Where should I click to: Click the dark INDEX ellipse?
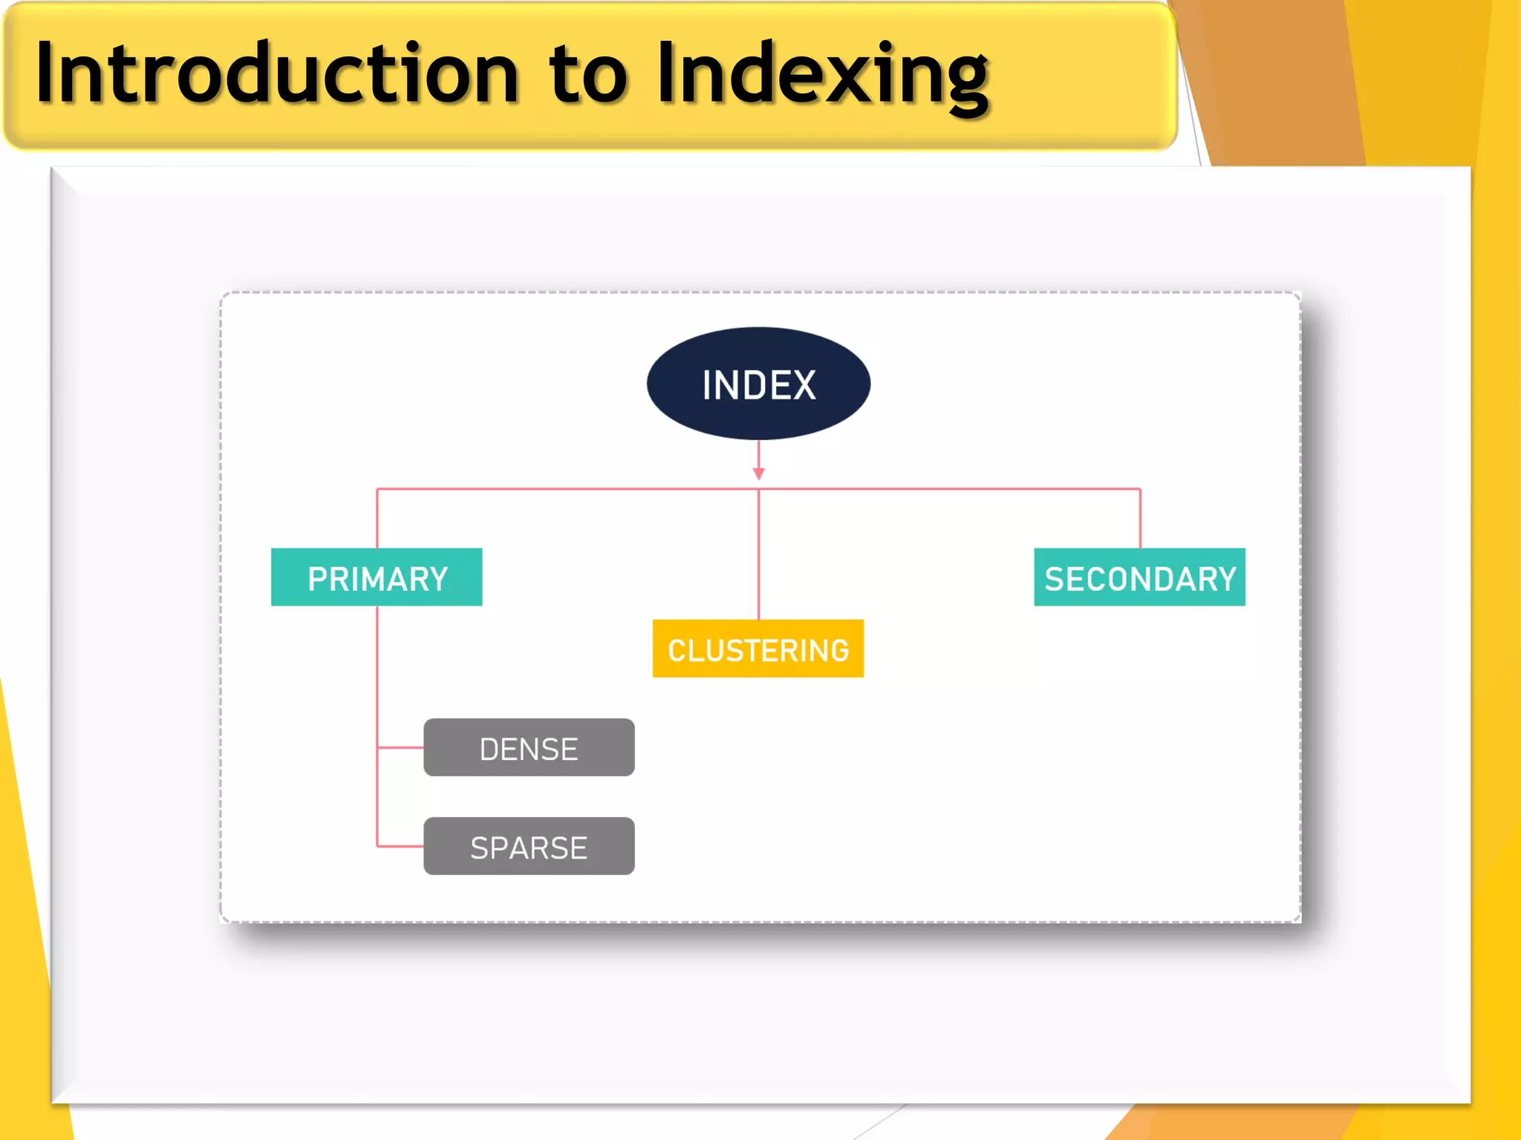[x=758, y=384]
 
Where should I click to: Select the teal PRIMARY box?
[x=377, y=577]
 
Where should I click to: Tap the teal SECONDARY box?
[x=1139, y=577]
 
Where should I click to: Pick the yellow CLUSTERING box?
[x=758, y=649]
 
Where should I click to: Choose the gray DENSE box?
[x=529, y=747]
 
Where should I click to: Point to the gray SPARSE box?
[x=529, y=846]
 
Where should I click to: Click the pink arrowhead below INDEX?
[x=758, y=474]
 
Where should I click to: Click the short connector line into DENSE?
[x=400, y=747]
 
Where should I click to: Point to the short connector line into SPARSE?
[x=400, y=846]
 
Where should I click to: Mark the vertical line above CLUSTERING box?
[x=758, y=557]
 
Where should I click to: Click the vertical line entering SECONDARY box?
[x=1140, y=519]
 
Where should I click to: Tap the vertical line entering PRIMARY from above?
[x=377, y=519]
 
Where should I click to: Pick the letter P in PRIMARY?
[x=318, y=579]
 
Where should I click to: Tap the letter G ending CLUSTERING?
[x=838, y=651]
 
